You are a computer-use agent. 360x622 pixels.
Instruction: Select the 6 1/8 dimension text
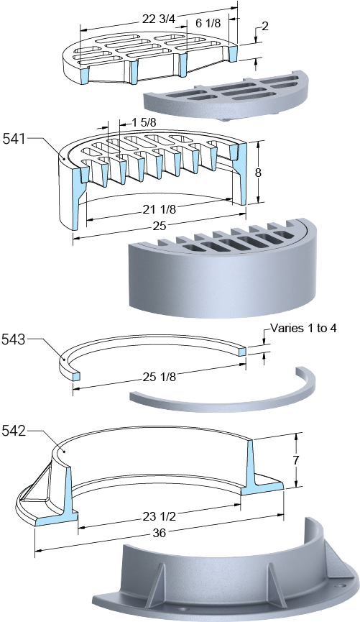click(208, 23)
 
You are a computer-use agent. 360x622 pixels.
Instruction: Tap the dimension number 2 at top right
click(265, 27)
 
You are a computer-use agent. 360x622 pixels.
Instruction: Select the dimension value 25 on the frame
click(160, 226)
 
